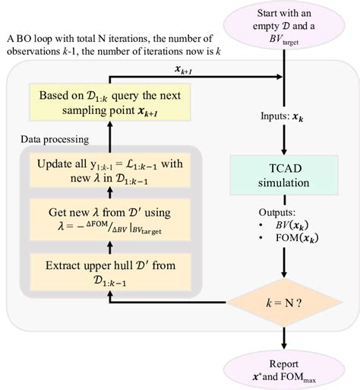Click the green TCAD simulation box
pyautogui.click(x=283, y=176)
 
